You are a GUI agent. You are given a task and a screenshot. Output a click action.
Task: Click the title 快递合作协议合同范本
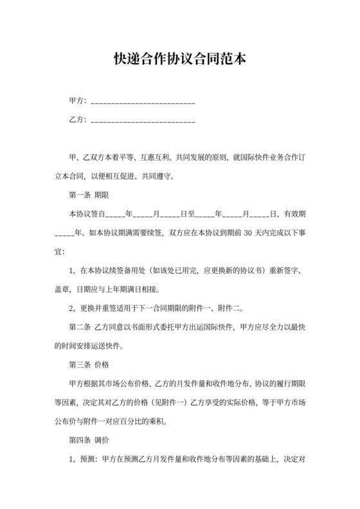click(x=179, y=60)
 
